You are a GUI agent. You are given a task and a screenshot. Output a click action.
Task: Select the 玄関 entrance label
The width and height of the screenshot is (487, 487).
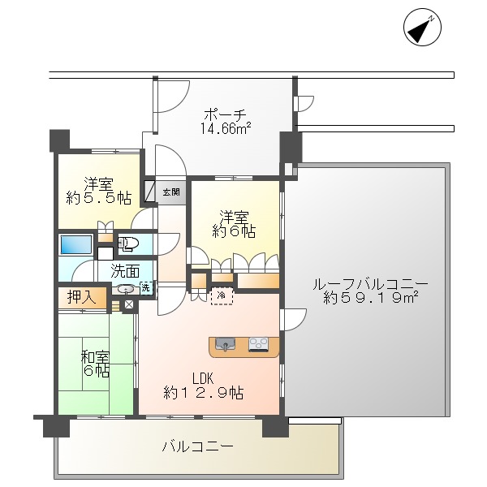click(x=171, y=192)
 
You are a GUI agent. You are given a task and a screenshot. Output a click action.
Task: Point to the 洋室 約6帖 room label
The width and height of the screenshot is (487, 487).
click(x=236, y=224)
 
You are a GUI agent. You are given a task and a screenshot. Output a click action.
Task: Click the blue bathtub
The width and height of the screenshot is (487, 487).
click(x=75, y=244)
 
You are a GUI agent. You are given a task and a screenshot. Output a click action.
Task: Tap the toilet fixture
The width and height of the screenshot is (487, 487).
click(x=127, y=243)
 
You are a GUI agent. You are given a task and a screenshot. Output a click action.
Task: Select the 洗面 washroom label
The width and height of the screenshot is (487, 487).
click(x=125, y=271)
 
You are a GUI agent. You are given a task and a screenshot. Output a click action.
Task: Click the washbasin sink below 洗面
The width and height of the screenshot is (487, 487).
click(x=126, y=288)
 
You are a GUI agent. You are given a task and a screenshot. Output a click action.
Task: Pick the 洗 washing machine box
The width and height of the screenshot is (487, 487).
click(x=145, y=287)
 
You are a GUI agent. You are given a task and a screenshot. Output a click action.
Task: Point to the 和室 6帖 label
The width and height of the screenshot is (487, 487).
click(x=94, y=364)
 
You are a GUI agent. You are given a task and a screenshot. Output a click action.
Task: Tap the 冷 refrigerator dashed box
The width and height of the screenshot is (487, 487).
click(x=222, y=296)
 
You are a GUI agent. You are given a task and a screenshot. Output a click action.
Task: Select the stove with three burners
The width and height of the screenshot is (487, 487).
click(x=258, y=345)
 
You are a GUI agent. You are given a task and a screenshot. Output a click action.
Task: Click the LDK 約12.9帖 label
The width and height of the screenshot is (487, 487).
click(x=203, y=385)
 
